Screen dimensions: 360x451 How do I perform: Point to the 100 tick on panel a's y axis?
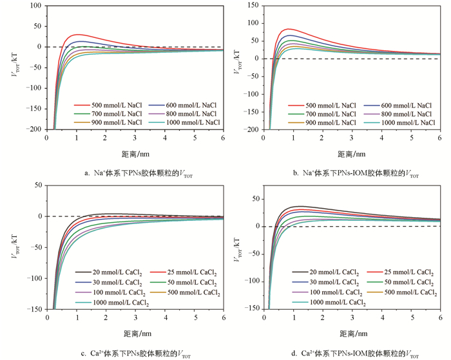point(34,6)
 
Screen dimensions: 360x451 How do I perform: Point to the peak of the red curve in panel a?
point(77,34)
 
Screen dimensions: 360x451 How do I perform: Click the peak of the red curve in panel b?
point(289,29)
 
